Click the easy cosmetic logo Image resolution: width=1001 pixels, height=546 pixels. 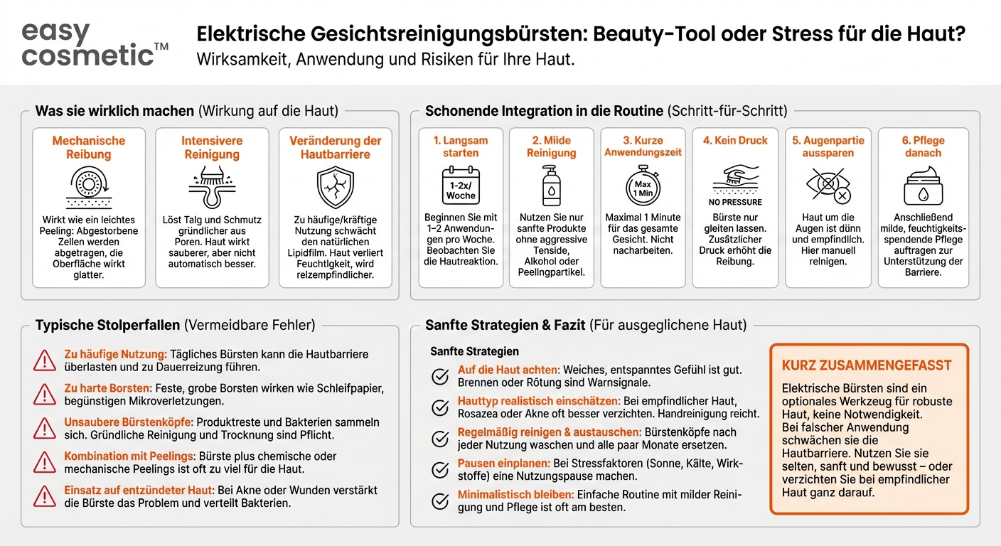[x=95, y=43]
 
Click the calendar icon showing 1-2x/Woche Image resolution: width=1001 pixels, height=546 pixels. [x=460, y=186]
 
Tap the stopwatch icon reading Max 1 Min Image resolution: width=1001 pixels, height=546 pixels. [x=643, y=186]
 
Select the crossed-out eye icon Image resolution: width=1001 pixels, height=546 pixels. [x=827, y=186]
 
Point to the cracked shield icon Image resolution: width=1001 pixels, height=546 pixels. [x=335, y=187]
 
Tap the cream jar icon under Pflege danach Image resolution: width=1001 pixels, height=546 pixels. [x=923, y=186]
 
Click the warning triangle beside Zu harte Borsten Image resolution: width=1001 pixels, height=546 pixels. [x=45, y=395]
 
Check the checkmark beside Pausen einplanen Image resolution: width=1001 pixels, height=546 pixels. [x=441, y=469]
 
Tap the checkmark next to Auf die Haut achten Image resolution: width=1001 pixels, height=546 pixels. [x=441, y=376]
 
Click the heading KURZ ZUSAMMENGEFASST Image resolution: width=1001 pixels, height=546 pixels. [x=866, y=365]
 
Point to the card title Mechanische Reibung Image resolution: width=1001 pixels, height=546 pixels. [x=89, y=147]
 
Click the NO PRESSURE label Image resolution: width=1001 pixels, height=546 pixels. [x=735, y=202]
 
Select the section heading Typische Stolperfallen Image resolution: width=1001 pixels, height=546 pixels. [x=107, y=326]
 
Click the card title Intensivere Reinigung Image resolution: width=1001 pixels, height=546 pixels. [x=212, y=147]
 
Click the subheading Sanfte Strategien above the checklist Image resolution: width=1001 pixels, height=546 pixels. [x=474, y=351]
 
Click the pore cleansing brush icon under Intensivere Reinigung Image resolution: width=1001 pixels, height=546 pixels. [x=212, y=186]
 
